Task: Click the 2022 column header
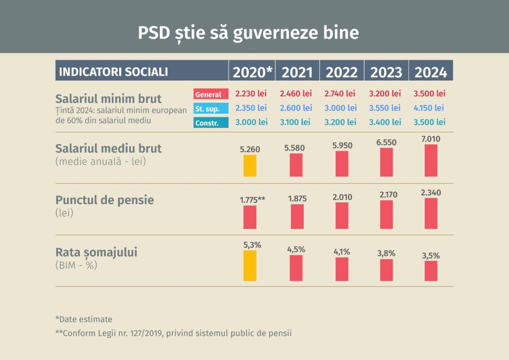point(341,72)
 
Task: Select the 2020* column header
point(253,72)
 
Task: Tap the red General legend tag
point(211,94)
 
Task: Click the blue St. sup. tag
point(211,108)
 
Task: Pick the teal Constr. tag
point(211,122)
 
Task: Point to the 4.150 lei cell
point(429,107)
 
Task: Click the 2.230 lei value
point(251,93)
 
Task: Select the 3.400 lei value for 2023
point(385,122)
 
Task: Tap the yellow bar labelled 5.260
point(250,166)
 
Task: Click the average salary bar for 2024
point(431,160)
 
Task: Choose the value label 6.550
point(386,142)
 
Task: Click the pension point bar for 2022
point(341,215)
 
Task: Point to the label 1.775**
point(253,200)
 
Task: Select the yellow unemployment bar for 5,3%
point(250,266)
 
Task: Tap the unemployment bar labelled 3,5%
point(431,271)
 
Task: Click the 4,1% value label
point(341,252)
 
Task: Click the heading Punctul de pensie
point(105,200)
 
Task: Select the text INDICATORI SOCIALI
point(113,72)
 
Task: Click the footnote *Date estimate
point(84,319)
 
